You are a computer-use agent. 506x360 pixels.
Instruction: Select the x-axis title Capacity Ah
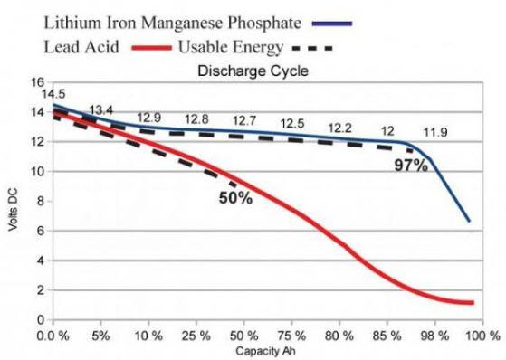point(267,349)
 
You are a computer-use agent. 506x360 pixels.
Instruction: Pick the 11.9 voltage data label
point(435,133)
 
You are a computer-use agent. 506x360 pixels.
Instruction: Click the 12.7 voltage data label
point(245,120)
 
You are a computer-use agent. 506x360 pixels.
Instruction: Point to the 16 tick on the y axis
point(37,82)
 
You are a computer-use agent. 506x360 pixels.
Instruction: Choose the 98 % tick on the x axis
point(435,335)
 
